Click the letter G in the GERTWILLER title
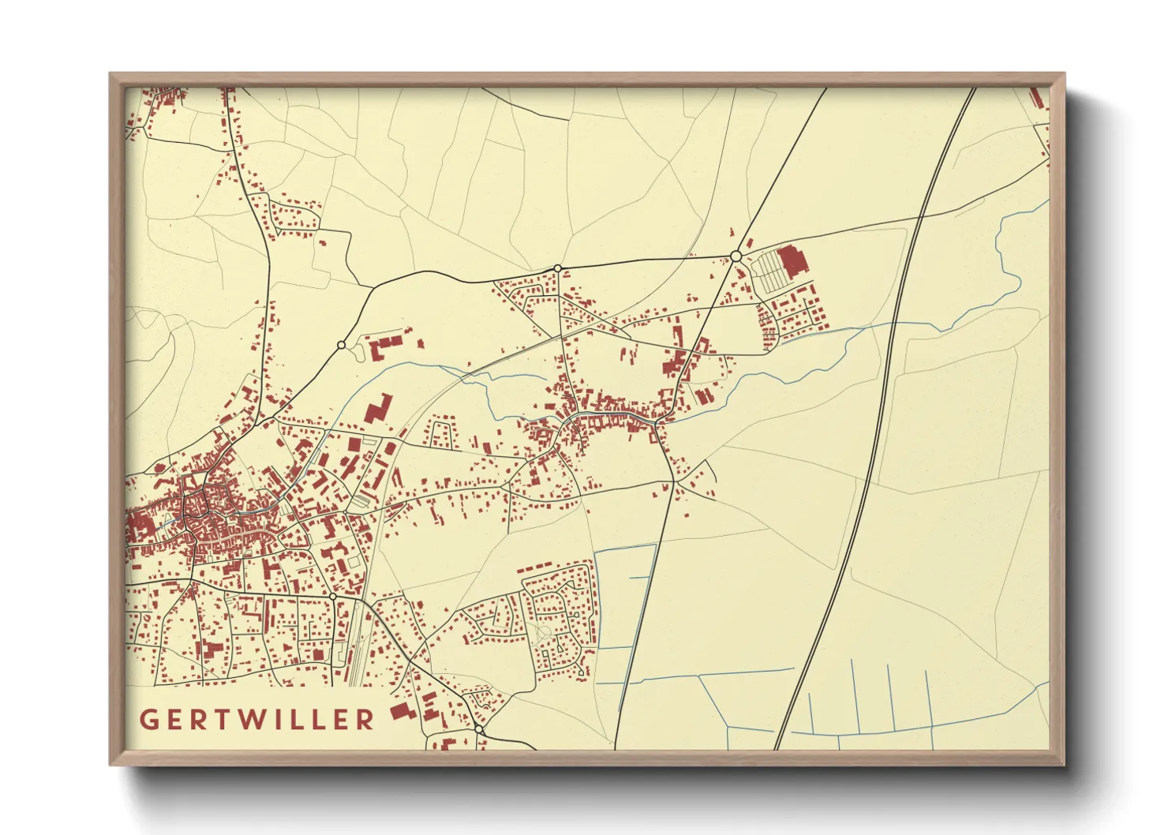[148, 720]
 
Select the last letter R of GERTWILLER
[365, 720]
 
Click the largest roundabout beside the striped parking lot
[736, 256]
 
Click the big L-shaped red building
[377, 410]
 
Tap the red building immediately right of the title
[402, 712]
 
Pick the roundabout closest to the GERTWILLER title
[478, 729]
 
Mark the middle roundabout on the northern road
[558, 268]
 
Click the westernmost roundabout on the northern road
[341, 345]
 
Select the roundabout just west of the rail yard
[333, 596]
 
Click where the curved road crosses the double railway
[922, 215]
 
